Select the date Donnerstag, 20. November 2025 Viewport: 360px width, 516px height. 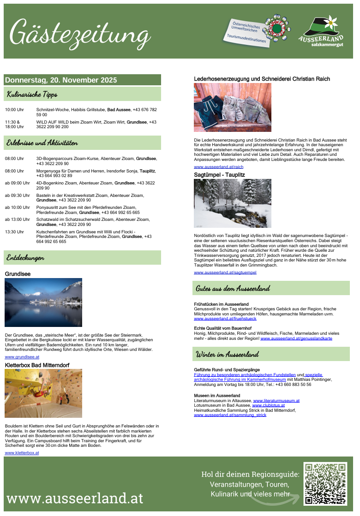[61, 80]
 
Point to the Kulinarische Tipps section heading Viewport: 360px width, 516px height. [32, 95]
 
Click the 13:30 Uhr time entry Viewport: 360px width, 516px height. [14, 232]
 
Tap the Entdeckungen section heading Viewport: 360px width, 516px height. [25, 257]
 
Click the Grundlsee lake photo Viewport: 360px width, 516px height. [43, 302]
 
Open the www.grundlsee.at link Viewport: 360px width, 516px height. [22, 357]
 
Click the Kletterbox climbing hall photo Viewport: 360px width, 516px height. [43, 393]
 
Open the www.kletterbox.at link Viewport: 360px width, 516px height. [22, 453]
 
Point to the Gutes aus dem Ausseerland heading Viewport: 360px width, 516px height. [233, 289]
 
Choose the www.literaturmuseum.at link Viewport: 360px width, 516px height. [276, 401]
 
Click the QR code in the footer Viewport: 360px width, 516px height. [325, 484]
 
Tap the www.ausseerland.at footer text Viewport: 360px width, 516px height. [75, 498]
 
